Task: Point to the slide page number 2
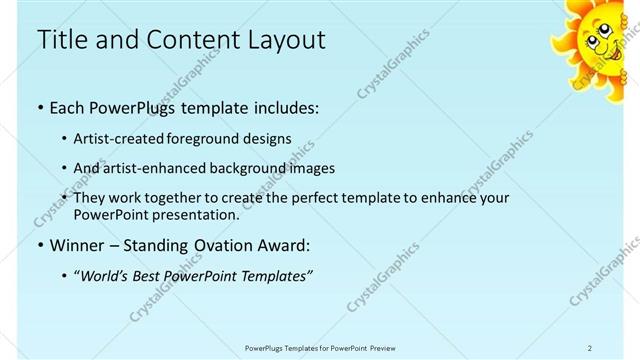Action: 590,347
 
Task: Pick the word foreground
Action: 202,138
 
